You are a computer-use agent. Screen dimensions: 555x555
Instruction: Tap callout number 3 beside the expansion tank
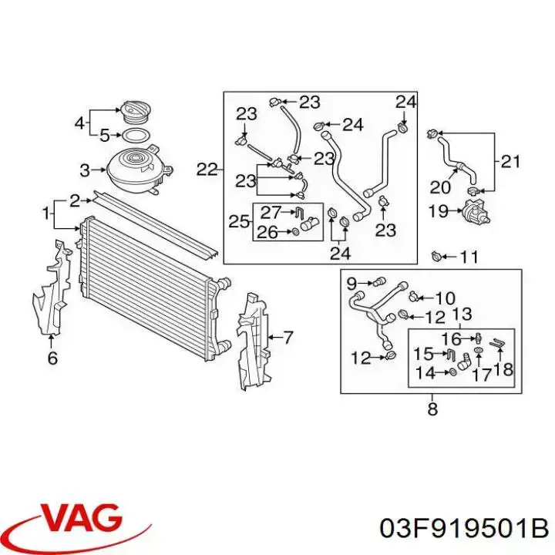click(x=85, y=170)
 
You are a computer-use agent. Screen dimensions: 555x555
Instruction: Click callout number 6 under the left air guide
click(x=52, y=358)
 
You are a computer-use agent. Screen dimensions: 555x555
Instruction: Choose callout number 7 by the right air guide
click(x=287, y=337)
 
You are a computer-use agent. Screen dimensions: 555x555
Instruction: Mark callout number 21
click(x=510, y=162)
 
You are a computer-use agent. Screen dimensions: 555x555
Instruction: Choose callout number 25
click(x=238, y=222)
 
